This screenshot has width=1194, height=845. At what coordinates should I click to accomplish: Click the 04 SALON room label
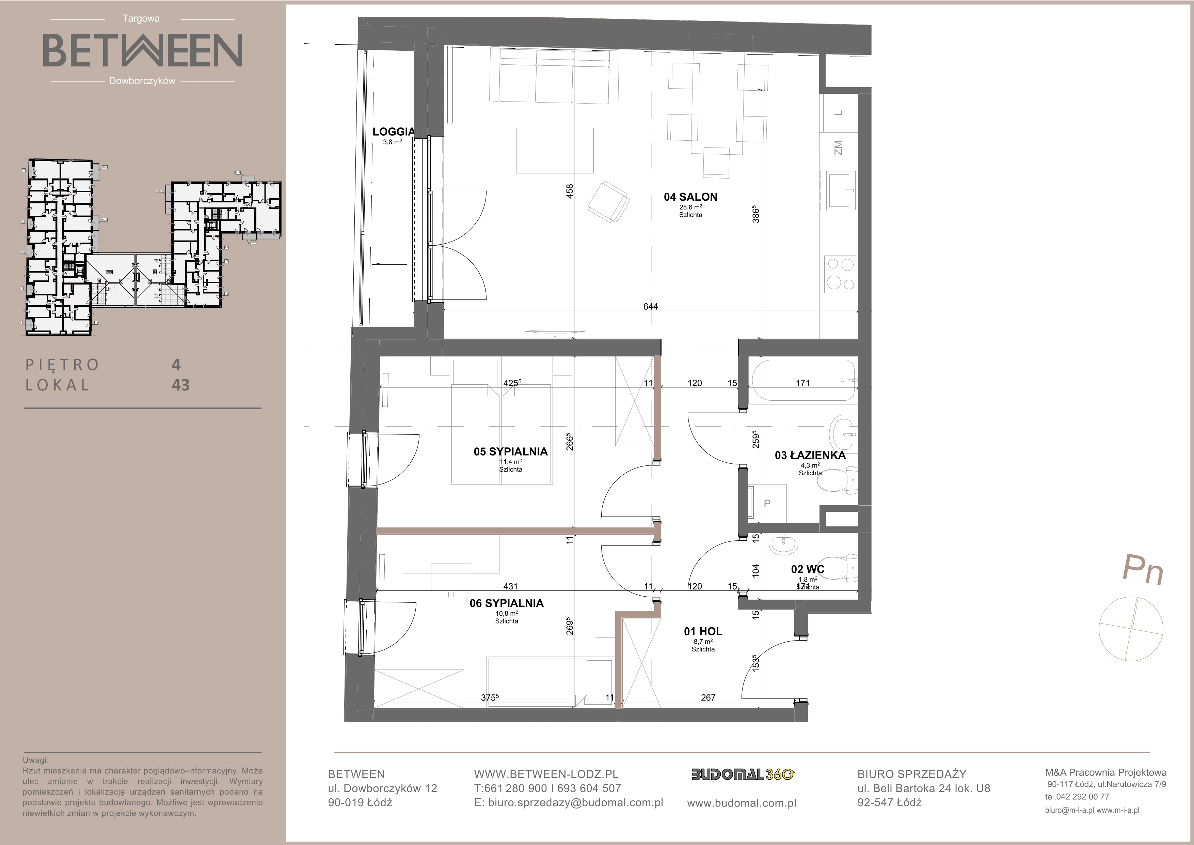pos(690,197)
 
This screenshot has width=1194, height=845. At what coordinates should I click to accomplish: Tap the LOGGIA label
pos(394,132)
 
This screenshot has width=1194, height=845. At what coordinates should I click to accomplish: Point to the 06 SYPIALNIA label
pos(507,603)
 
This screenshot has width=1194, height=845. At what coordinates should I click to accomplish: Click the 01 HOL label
pos(703,631)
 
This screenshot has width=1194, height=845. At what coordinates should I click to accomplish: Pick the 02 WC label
pos(808,569)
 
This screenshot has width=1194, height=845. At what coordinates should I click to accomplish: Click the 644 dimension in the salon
pos(651,306)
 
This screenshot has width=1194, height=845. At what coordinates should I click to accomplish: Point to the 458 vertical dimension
pos(570,192)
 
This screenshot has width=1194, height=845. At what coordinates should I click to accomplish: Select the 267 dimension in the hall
pos(708,697)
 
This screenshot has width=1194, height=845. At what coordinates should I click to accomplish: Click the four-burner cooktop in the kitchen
pos(840,273)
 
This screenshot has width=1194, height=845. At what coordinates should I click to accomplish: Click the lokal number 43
pos(180,385)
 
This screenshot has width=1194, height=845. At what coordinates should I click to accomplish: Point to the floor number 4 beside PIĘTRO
pos(176,364)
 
